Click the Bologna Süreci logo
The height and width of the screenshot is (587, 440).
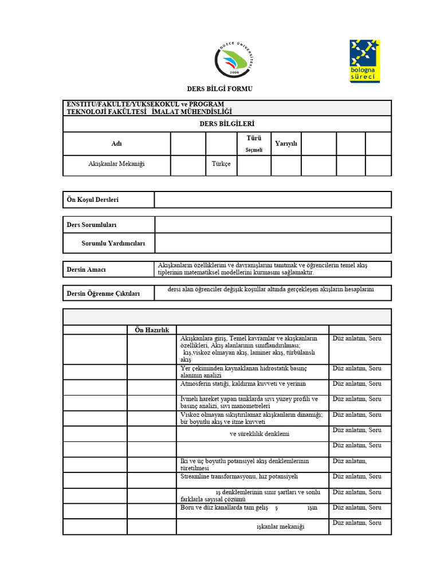coord(364,61)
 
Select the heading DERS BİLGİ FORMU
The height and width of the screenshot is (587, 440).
coord(220,89)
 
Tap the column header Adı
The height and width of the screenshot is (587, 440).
coord(116,144)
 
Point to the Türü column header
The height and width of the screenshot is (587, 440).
coord(254,138)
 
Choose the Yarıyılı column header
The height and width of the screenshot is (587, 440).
coord(286,143)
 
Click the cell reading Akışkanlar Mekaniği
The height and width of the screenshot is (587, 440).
coord(116,164)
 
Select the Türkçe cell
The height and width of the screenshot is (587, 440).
coord(221,164)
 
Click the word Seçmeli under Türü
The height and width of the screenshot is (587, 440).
coord(254,150)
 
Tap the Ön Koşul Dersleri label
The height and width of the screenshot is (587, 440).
coord(93,199)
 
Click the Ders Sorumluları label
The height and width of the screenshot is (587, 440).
coord(92,225)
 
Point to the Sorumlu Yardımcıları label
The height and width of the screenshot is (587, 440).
coord(113,244)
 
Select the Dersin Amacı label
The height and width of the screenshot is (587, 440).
coord(87,269)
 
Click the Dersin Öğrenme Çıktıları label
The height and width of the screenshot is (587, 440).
coord(103,293)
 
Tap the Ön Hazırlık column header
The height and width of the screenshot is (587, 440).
coord(151,330)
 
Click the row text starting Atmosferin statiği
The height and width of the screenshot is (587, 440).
coord(243,383)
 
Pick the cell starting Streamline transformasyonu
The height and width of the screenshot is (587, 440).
coord(239,476)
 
